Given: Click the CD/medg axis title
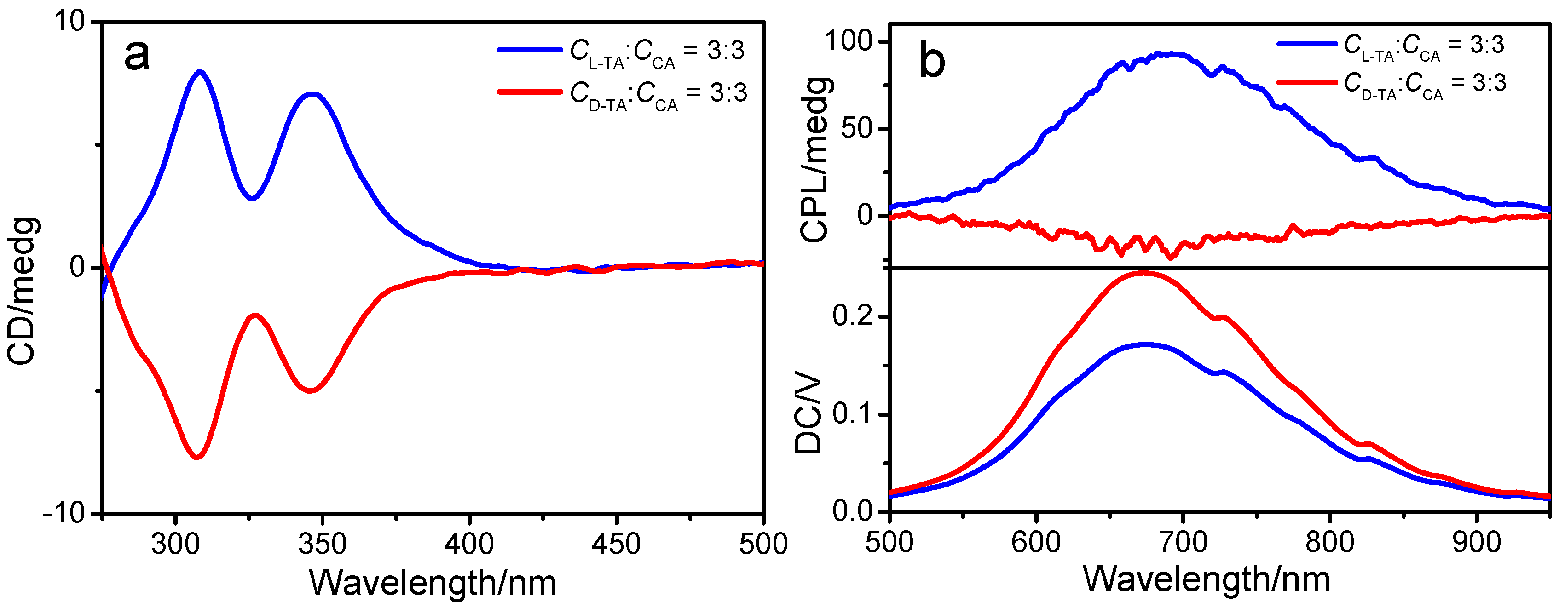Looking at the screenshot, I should click(23, 290).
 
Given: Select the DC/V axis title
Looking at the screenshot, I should click(808, 416).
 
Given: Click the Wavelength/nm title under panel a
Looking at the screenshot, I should click(432, 583).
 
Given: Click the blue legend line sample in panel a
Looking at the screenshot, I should click(530, 50).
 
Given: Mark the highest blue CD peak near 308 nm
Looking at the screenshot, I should click(200, 72).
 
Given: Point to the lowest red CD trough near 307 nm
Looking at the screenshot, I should click(196, 457).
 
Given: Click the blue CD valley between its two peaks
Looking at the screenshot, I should click(252, 198).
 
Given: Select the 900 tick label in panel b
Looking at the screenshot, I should click(1477, 542).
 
